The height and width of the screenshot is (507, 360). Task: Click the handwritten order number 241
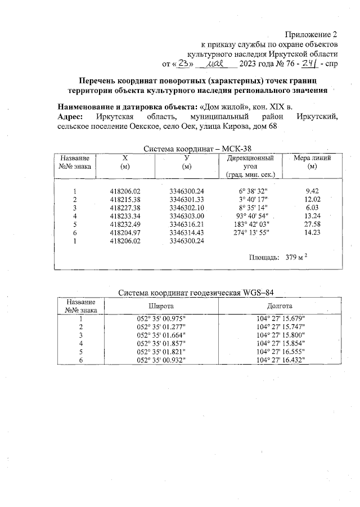pyautogui.click(x=308, y=64)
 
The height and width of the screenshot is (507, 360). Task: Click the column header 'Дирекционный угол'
pyautogui.click(x=250, y=163)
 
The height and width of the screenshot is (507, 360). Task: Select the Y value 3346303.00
pyautogui.click(x=186, y=216)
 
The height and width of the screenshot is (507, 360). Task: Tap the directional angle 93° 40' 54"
pyautogui.click(x=250, y=216)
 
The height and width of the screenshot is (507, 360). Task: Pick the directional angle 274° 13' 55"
pyautogui.click(x=250, y=231)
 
